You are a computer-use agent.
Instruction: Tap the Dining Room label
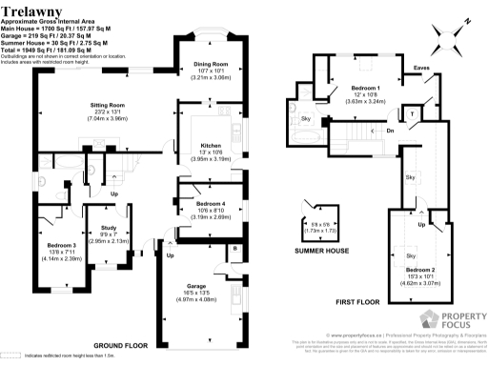coord(211,64)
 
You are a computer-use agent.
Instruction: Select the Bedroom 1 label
coord(340,88)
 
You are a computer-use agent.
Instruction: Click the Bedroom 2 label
coord(419,271)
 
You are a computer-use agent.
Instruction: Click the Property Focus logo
coord(446,320)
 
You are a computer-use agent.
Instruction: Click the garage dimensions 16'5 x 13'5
coord(197,294)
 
